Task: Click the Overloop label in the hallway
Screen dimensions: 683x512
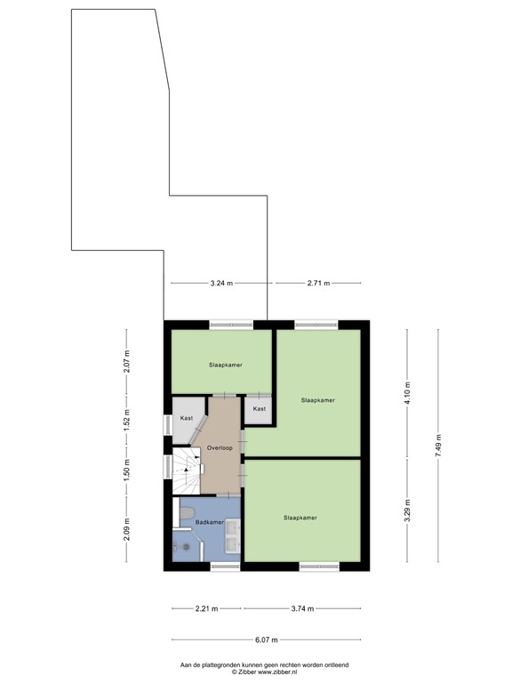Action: click(x=220, y=448)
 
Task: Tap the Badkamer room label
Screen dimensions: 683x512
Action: click(x=209, y=522)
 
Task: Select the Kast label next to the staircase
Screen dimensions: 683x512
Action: click(x=187, y=418)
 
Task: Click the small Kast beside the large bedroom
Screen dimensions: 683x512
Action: click(x=259, y=409)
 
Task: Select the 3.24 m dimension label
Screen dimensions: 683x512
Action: click(x=221, y=284)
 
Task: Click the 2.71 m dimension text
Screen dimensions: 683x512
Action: click(x=318, y=284)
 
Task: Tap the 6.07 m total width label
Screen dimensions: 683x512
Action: click(x=267, y=640)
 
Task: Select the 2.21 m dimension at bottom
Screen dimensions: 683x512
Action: click(x=206, y=609)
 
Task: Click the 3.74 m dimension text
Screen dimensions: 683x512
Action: click(x=303, y=609)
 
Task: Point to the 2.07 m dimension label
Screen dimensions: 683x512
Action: click(x=127, y=362)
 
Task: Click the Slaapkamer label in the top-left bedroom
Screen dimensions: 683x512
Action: click(x=226, y=365)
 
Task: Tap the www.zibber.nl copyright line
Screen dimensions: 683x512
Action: click(x=264, y=672)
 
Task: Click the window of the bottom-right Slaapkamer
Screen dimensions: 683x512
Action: click(x=318, y=566)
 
